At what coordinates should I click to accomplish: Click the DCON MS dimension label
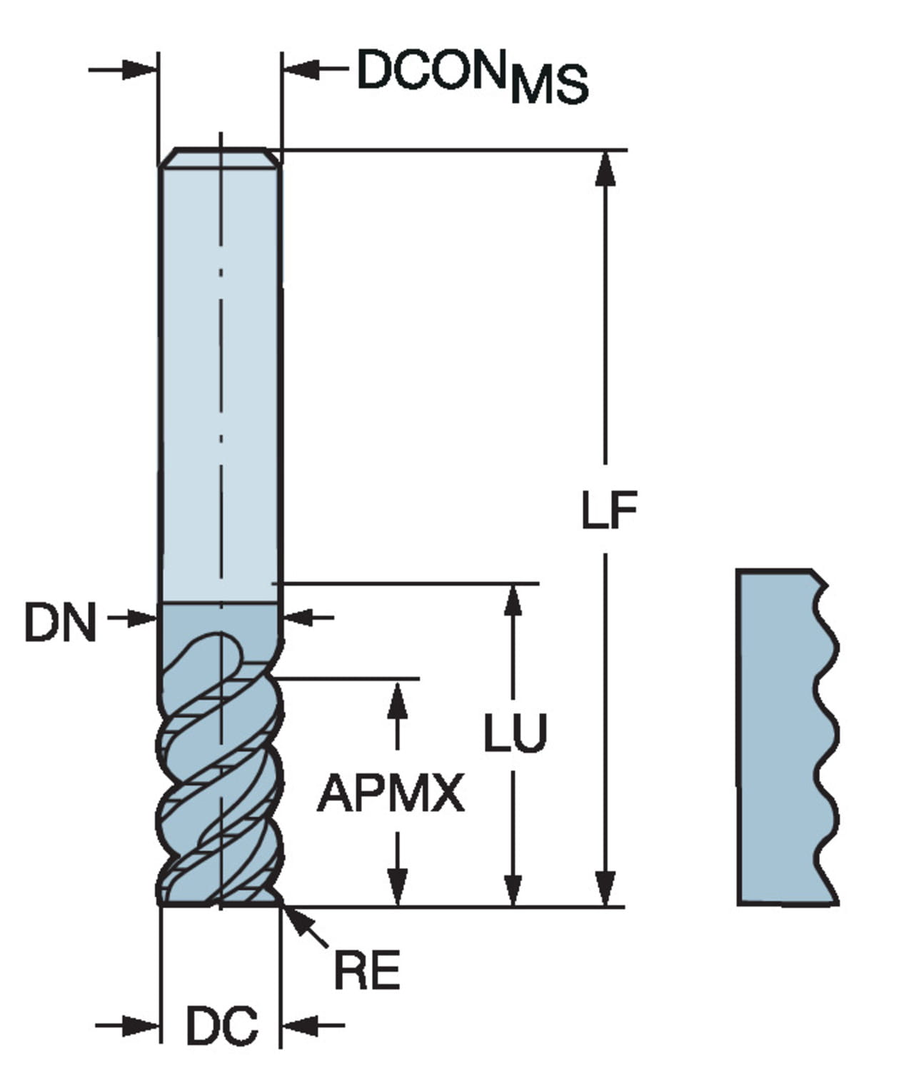pyautogui.click(x=472, y=76)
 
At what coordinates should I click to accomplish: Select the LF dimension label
pyautogui.click(x=608, y=510)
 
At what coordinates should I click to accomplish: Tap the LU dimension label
pyautogui.click(x=515, y=733)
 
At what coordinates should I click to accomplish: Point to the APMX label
pyautogui.click(x=391, y=794)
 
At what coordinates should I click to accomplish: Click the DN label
pyautogui.click(x=60, y=622)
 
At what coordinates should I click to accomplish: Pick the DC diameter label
pyautogui.click(x=221, y=1026)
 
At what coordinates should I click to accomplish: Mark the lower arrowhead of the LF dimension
pyautogui.click(x=605, y=890)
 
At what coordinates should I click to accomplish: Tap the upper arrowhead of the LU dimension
pyautogui.click(x=513, y=600)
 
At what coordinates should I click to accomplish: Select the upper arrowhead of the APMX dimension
pyautogui.click(x=398, y=696)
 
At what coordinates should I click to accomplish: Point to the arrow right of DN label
pyautogui.click(x=143, y=618)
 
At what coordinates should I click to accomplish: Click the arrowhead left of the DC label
pyautogui.click(x=143, y=1026)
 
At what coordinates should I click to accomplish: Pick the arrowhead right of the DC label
pyautogui.click(x=298, y=1026)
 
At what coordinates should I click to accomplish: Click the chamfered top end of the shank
pyautogui.click(x=220, y=157)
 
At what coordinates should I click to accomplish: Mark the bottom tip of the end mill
pyautogui.click(x=220, y=902)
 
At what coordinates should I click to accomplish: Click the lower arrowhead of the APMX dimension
pyautogui.click(x=398, y=890)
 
